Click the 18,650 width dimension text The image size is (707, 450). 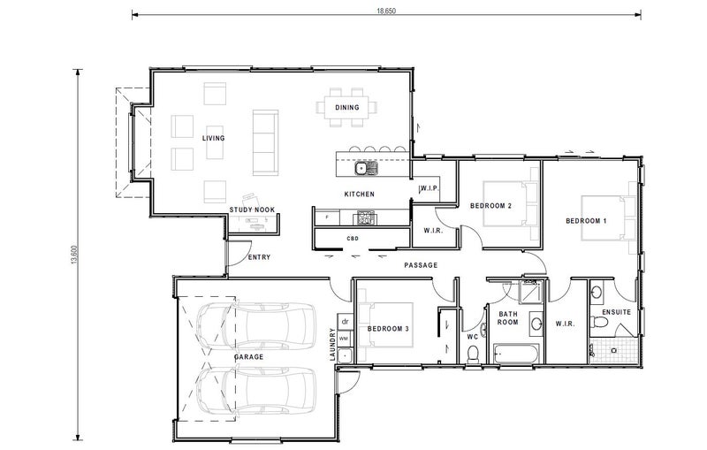[x=386, y=11]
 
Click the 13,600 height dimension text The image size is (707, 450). [x=74, y=256]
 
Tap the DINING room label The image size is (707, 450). [x=347, y=107]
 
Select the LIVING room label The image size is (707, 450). [x=213, y=138]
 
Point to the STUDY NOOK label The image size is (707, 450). [x=252, y=210]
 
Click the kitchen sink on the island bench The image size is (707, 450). [x=366, y=169]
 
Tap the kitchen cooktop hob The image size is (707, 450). [x=366, y=217]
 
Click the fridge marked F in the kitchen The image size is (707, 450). [x=327, y=217]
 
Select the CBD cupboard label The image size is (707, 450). [x=353, y=239]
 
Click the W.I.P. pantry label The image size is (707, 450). [x=430, y=188]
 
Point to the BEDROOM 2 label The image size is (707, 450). [x=490, y=206]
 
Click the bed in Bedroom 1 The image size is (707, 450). [x=609, y=217]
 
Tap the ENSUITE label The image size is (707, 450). [x=616, y=312]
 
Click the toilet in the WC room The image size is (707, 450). [x=473, y=353]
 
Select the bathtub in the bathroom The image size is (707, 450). [x=516, y=354]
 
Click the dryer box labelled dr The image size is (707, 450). [x=346, y=322]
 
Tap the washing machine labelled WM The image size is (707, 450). [x=344, y=339]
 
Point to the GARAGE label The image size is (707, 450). [x=248, y=356]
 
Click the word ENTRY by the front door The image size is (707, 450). [x=259, y=257]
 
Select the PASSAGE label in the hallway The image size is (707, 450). [x=421, y=265]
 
